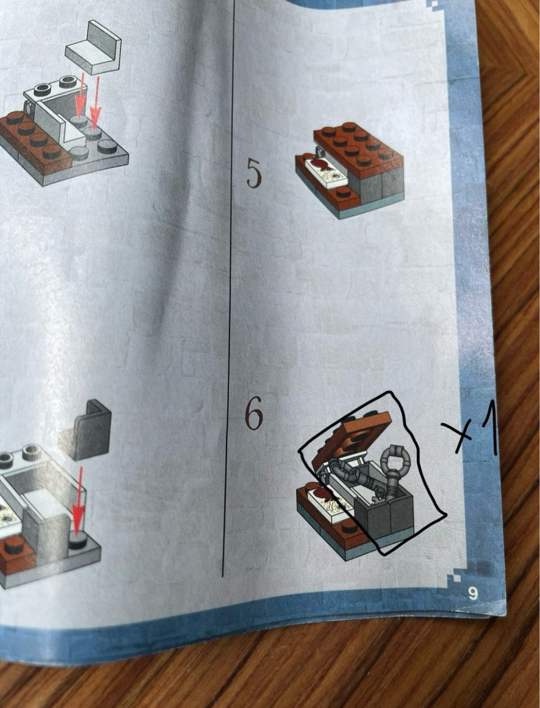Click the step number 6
pyautogui.click(x=253, y=415)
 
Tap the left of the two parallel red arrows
pyautogui.click(x=80, y=93)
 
